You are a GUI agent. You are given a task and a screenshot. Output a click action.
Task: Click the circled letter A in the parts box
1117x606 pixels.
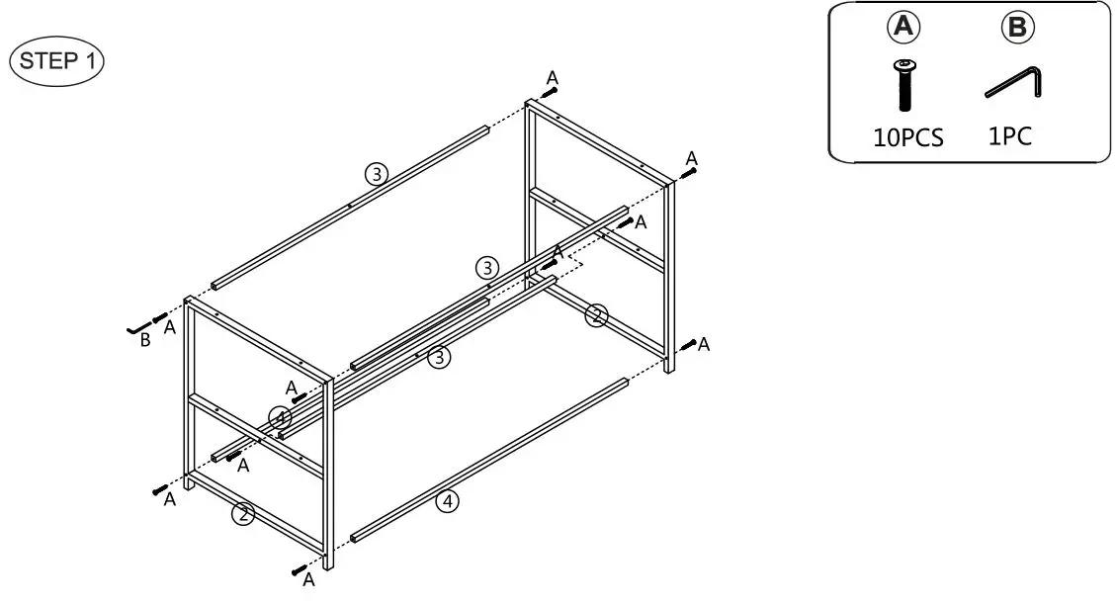(x=902, y=28)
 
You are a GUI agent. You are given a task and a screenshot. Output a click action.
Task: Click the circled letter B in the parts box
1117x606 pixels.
(x=1017, y=28)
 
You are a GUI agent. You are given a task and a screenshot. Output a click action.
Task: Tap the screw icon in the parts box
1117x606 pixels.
(x=903, y=85)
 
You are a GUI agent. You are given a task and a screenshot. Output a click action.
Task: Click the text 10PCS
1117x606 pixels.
(x=907, y=137)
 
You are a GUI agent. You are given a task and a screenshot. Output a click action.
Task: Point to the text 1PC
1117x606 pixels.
(x=1010, y=135)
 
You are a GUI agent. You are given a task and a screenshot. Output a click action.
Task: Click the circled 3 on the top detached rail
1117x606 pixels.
(x=376, y=174)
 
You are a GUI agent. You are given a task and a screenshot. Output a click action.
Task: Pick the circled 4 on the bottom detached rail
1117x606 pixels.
(x=448, y=502)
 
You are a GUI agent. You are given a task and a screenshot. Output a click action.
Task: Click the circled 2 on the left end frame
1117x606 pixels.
(x=243, y=514)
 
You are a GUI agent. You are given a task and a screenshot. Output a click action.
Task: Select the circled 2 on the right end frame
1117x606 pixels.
(x=594, y=315)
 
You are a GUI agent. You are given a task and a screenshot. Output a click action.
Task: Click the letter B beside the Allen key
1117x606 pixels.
(x=145, y=341)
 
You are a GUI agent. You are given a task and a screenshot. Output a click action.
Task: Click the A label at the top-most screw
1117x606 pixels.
(x=553, y=77)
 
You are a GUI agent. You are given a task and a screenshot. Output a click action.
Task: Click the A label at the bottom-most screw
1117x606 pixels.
(x=308, y=578)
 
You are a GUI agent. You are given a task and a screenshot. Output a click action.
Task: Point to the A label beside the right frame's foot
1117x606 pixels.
(x=704, y=344)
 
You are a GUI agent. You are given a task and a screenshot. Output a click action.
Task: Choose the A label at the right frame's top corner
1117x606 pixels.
(x=692, y=158)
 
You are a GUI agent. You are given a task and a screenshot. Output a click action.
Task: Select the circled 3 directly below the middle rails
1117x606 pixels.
(x=439, y=357)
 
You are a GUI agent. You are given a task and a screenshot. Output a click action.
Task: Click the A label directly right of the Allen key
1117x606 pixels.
(x=170, y=327)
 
